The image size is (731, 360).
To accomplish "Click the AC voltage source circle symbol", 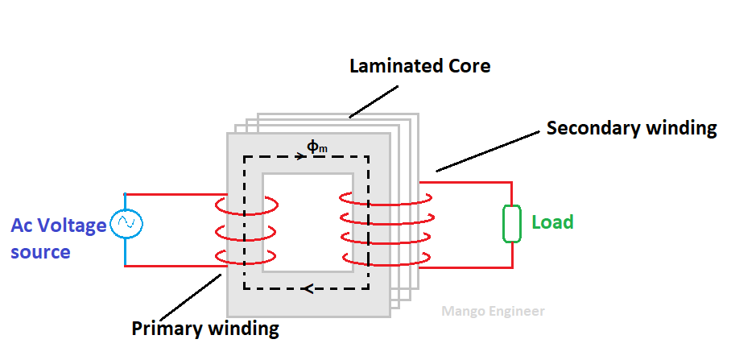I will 126,223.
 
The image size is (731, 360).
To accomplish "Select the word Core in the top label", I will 469,66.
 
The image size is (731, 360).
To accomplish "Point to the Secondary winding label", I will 631,128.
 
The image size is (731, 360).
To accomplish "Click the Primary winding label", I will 205,329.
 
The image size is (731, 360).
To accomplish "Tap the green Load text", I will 552,221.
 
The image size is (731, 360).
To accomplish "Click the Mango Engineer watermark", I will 494,311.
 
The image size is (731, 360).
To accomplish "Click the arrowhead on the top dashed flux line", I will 299,156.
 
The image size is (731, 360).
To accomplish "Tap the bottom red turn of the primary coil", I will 246,259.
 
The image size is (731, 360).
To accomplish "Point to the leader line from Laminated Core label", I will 378,99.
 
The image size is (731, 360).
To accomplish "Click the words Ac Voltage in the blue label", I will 58,226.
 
